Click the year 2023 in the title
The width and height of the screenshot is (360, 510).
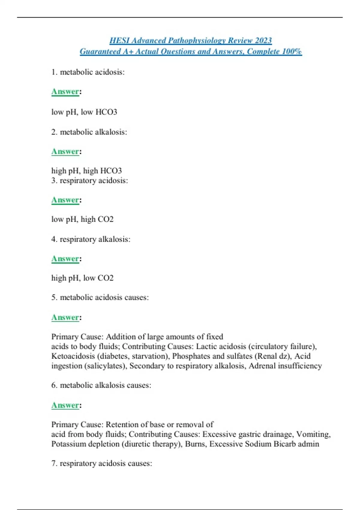(x=263, y=40)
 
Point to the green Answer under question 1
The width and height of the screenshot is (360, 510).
(x=65, y=91)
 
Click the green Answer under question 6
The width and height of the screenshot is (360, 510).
(x=65, y=405)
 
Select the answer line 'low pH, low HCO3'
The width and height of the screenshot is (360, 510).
(x=84, y=112)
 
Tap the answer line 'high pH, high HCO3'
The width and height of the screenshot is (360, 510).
(x=86, y=171)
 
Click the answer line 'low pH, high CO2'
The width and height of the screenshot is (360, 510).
(x=82, y=219)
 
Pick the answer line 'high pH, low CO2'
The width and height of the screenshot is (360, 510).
(x=82, y=278)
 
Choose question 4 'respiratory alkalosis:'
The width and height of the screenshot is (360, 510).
(x=91, y=239)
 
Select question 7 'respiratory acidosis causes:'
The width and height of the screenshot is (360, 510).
(x=102, y=463)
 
